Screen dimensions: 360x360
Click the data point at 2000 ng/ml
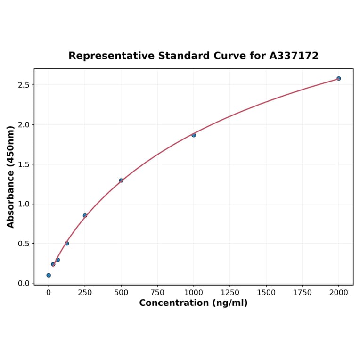pyautogui.click(x=339, y=78)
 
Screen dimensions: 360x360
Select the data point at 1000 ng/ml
pyautogui.click(x=194, y=135)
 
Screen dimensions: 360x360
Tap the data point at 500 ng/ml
pyautogui.click(x=121, y=180)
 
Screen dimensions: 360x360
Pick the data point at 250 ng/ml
pyautogui.click(x=85, y=215)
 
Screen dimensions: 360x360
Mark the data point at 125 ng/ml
pyautogui.click(x=67, y=243)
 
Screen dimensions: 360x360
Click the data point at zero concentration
pyautogui.click(x=49, y=275)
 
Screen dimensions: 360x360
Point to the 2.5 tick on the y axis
pyautogui.click(x=22, y=85)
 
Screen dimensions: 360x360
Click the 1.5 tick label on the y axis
pyautogui.click(x=22, y=164)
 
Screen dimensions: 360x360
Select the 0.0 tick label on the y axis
pyautogui.click(x=22, y=283)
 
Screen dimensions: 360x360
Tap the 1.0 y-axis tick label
pyautogui.click(x=22, y=204)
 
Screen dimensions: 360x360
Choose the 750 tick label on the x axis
pyautogui.click(x=157, y=293)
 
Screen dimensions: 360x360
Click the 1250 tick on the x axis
pyautogui.click(x=230, y=293)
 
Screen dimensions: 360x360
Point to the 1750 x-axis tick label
pyautogui.click(x=303, y=293)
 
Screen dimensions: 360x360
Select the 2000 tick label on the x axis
pyautogui.click(x=339, y=293)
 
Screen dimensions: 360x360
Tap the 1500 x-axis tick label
pyautogui.click(x=266, y=293)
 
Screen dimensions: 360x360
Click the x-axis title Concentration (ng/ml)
pyautogui.click(x=193, y=303)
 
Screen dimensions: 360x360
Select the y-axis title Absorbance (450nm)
pyautogui.click(x=10, y=177)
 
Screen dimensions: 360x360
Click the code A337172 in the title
pyautogui.click(x=294, y=56)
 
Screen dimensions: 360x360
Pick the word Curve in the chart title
pyautogui.click(x=229, y=56)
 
